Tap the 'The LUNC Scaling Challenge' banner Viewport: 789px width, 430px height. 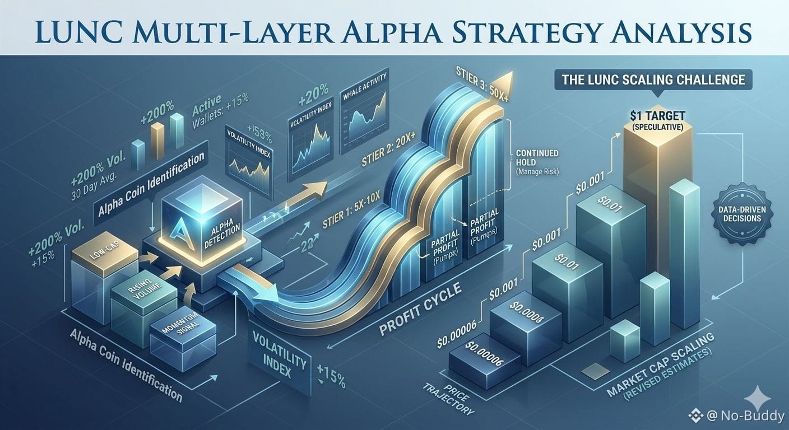coord(653,80)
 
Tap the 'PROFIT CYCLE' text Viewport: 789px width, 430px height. coord(420,311)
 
